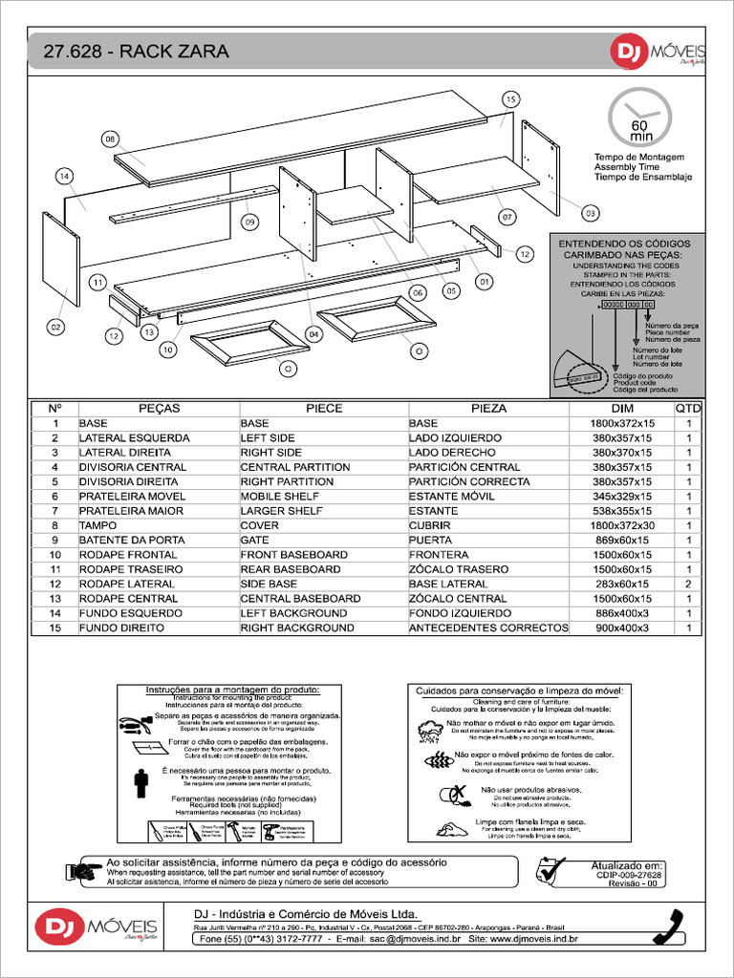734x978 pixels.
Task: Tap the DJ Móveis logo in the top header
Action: (658, 53)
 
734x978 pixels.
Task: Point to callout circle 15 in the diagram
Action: (510, 99)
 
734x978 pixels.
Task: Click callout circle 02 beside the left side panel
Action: (55, 327)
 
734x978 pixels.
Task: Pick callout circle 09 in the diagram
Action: (250, 222)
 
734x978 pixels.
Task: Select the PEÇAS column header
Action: (159, 408)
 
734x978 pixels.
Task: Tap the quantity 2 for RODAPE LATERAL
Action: (688, 584)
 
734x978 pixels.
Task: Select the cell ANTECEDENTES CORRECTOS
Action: (488, 627)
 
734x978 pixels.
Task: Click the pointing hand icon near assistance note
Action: (84, 870)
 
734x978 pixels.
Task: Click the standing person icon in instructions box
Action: (141, 781)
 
